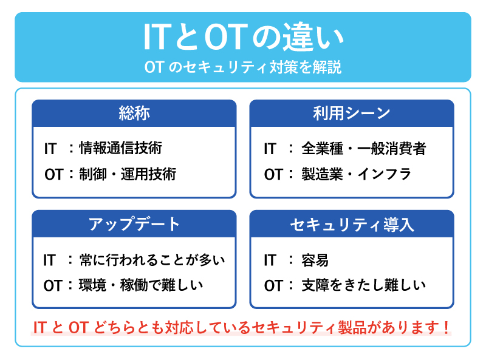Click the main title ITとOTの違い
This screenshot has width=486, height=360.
(x=243, y=38)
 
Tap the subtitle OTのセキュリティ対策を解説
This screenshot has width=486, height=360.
(x=243, y=66)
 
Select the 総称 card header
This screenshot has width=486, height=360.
(x=134, y=113)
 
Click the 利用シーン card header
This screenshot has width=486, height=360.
(x=352, y=113)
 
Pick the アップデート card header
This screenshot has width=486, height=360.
(x=134, y=223)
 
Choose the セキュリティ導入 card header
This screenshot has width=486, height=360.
(x=352, y=223)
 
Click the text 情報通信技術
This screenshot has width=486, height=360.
(x=121, y=148)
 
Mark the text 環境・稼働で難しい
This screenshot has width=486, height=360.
(x=141, y=285)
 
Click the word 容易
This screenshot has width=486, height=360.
(x=315, y=260)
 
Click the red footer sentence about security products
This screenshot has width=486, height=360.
(x=242, y=328)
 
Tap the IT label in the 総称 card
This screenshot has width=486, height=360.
(x=50, y=148)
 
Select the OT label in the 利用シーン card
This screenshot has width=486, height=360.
(x=273, y=175)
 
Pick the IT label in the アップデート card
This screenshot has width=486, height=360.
(x=50, y=260)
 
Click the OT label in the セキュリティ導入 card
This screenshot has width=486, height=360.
(x=273, y=285)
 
